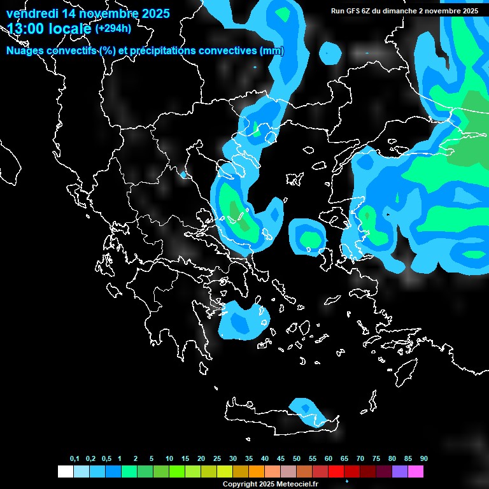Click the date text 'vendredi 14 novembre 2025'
[x=88, y=13]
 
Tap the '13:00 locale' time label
[x=50, y=29]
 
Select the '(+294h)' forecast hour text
[x=114, y=29]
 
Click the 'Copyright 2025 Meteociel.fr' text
[x=270, y=484]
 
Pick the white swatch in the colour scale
[x=65, y=471]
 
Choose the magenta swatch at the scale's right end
[x=416, y=471]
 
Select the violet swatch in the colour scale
[x=400, y=471]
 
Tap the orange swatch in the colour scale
[x=257, y=471]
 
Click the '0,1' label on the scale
[x=74, y=458]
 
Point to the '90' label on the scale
[x=423, y=458]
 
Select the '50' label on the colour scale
[x=297, y=458]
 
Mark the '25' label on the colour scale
[x=217, y=458]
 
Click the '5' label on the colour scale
[x=152, y=458]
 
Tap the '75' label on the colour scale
[x=376, y=458]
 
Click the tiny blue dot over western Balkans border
[x=183, y=174]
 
